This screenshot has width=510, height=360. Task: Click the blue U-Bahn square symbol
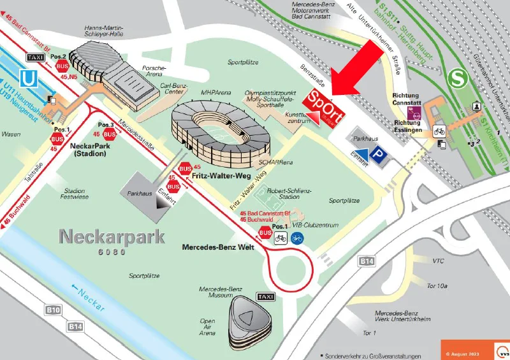point(28,78)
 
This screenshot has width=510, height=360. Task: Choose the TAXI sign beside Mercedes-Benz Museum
point(265,297)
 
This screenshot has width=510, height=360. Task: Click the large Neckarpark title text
point(112,237)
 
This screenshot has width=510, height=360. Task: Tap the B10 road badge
point(54,310)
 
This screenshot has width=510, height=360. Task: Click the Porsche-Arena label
point(154,71)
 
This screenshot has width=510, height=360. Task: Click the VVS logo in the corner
point(502,350)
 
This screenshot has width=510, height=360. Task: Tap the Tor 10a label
point(437,286)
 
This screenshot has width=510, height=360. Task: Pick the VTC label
point(438,261)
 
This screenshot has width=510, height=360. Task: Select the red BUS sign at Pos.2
point(62,65)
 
